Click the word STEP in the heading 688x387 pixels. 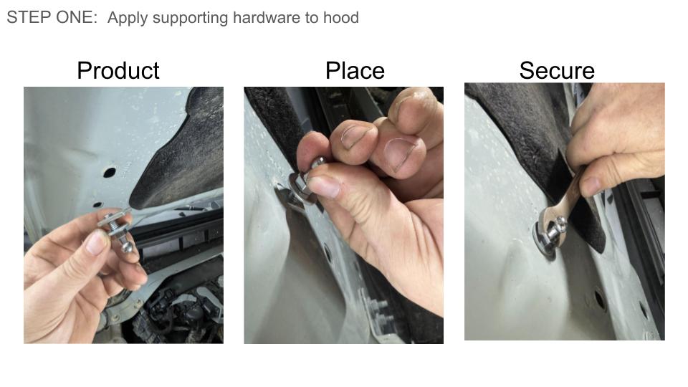[x=26, y=17]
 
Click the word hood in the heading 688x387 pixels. [x=341, y=17]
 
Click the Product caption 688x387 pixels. [x=118, y=71]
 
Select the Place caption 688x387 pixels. [x=355, y=71]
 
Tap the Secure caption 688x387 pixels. [x=557, y=71]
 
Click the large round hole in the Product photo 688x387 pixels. [x=109, y=173]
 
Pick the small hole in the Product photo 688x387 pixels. [x=97, y=204]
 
